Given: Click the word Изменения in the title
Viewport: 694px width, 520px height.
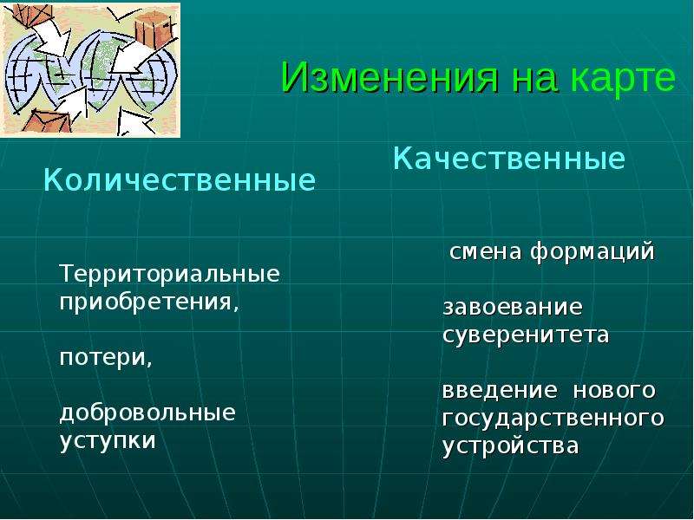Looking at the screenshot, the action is click(x=390, y=78).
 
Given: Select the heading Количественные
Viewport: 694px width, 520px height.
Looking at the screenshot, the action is click(x=180, y=180).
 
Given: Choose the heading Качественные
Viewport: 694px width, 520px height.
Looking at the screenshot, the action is click(x=508, y=159).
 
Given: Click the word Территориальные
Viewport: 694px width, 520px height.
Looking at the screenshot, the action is click(x=169, y=274).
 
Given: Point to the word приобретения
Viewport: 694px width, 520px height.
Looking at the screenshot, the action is click(x=149, y=302).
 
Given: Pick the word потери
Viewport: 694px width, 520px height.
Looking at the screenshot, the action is click(x=106, y=357).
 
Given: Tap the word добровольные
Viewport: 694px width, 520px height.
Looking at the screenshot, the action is click(x=147, y=413).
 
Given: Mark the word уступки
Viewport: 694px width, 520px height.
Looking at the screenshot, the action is click(x=108, y=441).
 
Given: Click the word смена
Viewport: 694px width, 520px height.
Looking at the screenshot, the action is click(x=486, y=252).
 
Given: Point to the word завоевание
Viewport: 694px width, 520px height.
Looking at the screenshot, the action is click(x=513, y=308).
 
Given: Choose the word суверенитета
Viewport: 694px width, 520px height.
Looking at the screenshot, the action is click(x=526, y=335).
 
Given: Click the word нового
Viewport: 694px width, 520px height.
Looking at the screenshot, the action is click(x=614, y=391).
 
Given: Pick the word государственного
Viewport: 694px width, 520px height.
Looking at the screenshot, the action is click(x=553, y=419).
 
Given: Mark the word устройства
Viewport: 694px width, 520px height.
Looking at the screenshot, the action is click(x=511, y=446).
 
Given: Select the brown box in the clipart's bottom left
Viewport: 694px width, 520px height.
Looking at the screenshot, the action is click(x=48, y=122).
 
